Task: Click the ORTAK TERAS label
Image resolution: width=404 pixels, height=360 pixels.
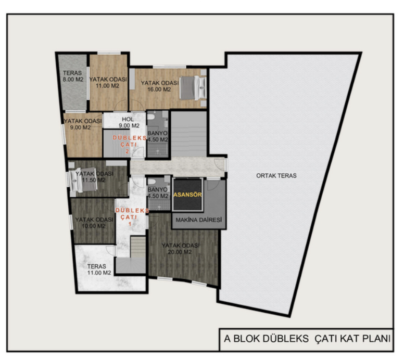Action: tap(276, 176)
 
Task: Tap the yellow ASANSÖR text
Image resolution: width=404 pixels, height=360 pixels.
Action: tap(187, 195)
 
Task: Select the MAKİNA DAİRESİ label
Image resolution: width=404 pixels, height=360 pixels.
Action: tap(199, 220)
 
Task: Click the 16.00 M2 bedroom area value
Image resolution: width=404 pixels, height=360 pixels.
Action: tap(159, 89)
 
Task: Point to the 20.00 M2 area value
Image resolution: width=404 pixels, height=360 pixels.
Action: tap(180, 252)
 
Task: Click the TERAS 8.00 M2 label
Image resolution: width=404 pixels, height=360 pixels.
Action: tap(73, 76)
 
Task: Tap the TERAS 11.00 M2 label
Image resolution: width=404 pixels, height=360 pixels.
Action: tap(99, 269)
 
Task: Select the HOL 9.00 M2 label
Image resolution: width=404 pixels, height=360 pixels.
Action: tap(129, 123)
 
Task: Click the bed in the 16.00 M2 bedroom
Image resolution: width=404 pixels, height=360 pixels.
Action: tap(193, 87)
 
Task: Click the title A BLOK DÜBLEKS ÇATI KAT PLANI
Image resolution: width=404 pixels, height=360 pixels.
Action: tap(307, 338)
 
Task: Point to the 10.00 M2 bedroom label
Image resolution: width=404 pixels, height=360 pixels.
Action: tap(94, 223)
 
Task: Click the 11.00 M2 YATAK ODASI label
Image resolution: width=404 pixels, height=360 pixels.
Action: tap(108, 82)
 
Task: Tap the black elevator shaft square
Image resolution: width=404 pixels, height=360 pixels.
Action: tap(187, 195)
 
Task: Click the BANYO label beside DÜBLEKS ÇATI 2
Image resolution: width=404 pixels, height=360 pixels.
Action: tap(157, 136)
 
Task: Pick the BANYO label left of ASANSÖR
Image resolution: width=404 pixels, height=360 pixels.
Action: tap(158, 192)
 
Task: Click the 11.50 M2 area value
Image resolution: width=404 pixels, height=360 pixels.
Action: tap(94, 180)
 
